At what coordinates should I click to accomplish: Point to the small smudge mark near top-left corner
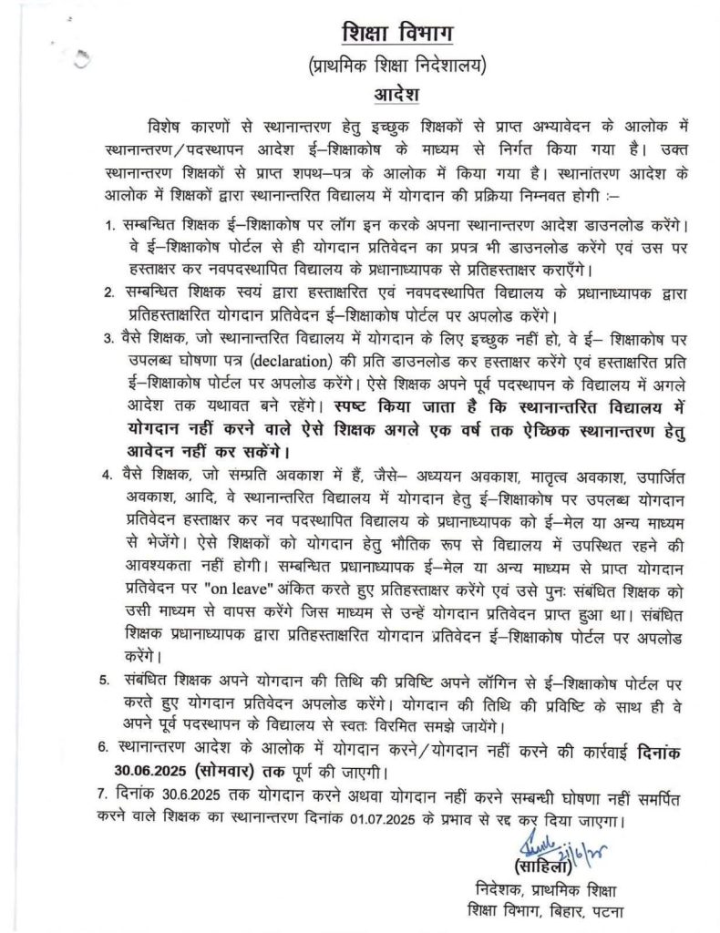(x=83, y=60)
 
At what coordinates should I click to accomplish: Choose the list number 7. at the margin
(x=103, y=797)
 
